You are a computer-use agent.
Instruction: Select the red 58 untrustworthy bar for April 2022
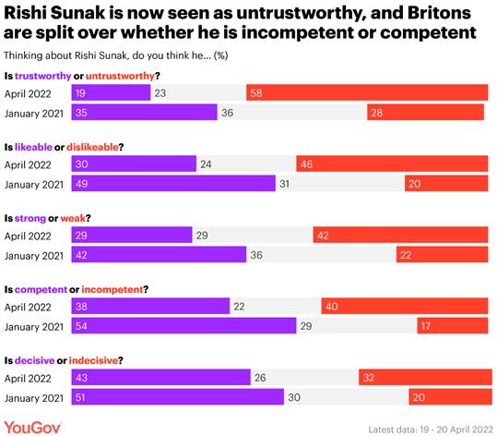click(x=367, y=92)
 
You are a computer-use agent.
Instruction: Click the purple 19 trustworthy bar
click(x=111, y=92)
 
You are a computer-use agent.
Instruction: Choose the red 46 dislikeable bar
click(x=392, y=163)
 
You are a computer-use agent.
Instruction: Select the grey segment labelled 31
click(x=339, y=184)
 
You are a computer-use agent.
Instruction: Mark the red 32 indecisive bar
click(x=423, y=377)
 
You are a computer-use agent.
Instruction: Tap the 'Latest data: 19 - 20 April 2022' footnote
click(x=428, y=428)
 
